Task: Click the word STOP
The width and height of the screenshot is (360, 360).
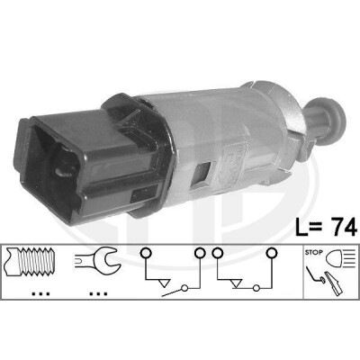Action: [314, 253]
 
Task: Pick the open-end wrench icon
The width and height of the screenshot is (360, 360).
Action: [98, 259]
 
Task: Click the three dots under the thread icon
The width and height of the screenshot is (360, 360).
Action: [41, 294]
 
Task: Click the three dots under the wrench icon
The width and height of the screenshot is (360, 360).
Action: [98, 294]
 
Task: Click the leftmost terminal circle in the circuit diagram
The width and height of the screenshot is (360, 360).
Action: [145, 253]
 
